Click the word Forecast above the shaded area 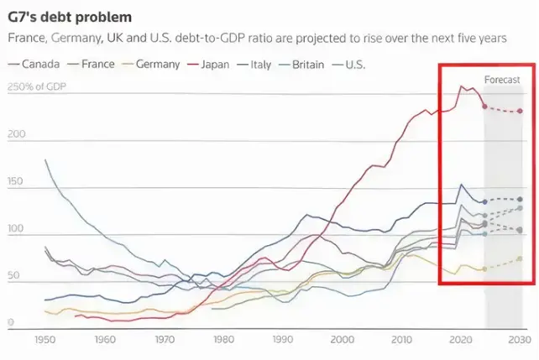point(502,80)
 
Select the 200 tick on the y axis point(17,134)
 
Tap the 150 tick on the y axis point(17,181)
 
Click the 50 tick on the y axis point(14,275)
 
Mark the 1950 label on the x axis point(44,340)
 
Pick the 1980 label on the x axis point(222,340)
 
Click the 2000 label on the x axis point(342,340)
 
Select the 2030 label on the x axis point(520,340)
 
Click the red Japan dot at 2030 point(520,111)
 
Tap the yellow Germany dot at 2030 point(520,258)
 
